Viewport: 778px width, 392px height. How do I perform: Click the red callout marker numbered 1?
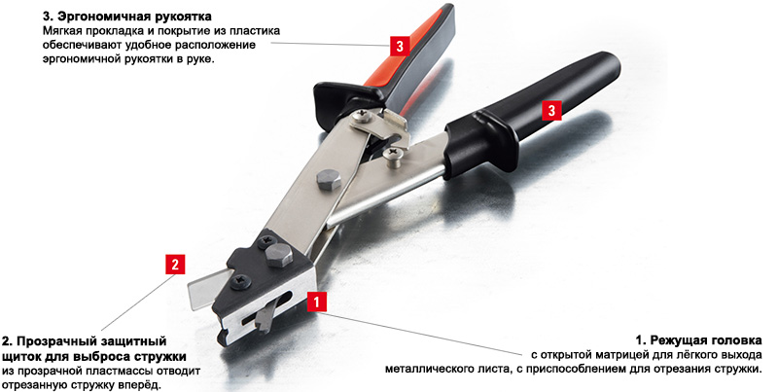tap(317, 302)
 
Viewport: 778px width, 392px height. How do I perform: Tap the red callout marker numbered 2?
tap(175, 265)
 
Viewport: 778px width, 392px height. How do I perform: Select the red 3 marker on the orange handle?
tap(400, 46)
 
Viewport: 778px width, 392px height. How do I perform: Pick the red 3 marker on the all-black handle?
tap(551, 110)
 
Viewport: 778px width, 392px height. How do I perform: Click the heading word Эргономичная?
tap(100, 17)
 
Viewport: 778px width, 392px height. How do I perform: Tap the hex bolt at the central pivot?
tap(329, 180)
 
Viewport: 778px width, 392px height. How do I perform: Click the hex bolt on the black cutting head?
tap(278, 255)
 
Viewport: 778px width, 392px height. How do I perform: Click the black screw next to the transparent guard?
tap(241, 282)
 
